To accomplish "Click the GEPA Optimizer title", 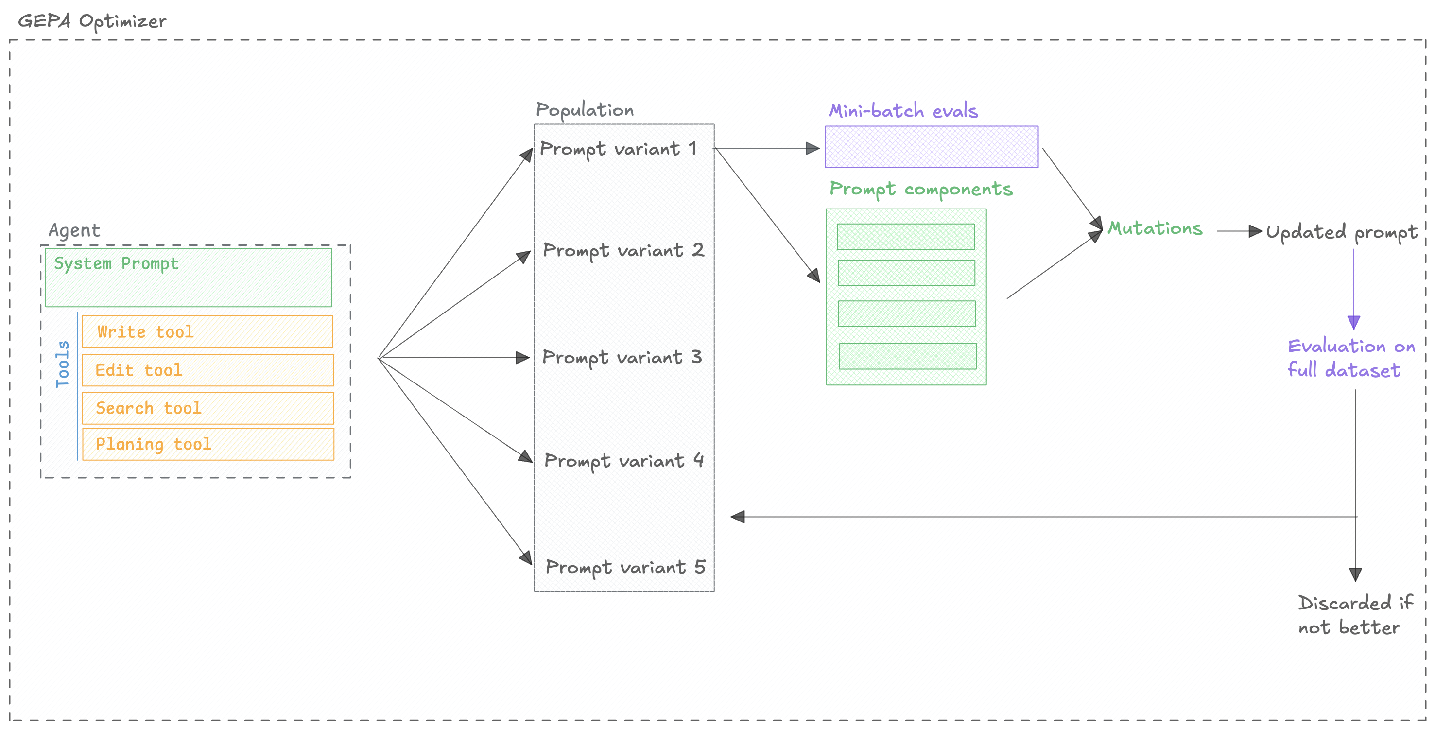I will coord(92,22).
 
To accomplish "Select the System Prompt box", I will coord(188,278).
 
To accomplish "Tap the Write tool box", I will coord(207,331).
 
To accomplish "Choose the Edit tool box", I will coord(207,370).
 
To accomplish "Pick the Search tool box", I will coord(207,408).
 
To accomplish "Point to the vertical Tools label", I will coord(62,364).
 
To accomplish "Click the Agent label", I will coord(74,230).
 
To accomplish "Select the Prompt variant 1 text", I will coord(618,149).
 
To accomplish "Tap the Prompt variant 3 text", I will coord(622,357).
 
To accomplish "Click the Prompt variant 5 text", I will coord(625,567).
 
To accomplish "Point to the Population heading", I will coord(585,110).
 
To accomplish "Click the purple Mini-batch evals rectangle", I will coord(932,147).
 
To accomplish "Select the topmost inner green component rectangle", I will coord(906,237).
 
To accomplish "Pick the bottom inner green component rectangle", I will coord(907,356).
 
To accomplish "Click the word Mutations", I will coord(1155,228).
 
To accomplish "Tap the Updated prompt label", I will coord(1341,232).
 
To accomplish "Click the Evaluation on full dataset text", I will coord(1350,358).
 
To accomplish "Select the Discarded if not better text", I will coord(1354,615).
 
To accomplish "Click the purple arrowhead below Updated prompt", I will coord(1354,322).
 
